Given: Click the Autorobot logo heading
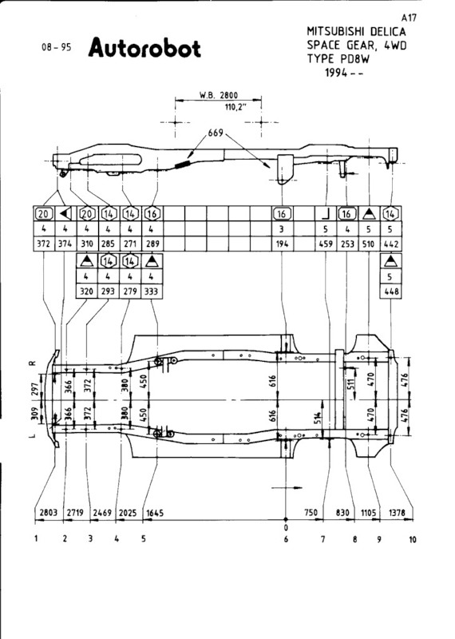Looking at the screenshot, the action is pyautogui.click(x=144, y=48).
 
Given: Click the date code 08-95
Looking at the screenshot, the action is pyautogui.click(x=56, y=47).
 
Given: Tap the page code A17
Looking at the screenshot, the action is pyautogui.click(x=409, y=18).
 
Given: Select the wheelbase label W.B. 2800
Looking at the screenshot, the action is pyautogui.click(x=219, y=95).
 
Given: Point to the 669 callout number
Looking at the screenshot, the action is pyautogui.click(x=216, y=133).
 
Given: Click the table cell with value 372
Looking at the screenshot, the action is pyautogui.click(x=43, y=244).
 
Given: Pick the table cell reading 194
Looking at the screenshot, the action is pyautogui.click(x=282, y=244).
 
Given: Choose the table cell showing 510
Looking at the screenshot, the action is pyautogui.click(x=369, y=244).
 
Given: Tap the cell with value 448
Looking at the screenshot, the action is pyautogui.click(x=390, y=292).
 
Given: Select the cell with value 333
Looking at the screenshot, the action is pyautogui.click(x=151, y=292).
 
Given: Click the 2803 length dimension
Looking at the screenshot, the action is pyautogui.click(x=48, y=512).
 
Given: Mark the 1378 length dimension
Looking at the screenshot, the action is pyautogui.click(x=397, y=512).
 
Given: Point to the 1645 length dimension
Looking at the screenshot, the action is pyautogui.click(x=155, y=512).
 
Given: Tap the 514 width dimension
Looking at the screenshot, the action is pyautogui.click(x=318, y=418).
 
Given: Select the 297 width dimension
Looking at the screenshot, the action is pyautogui.click(x=34, y=388).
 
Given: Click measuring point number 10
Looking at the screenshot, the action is pyautogui.click(x=413, y=540).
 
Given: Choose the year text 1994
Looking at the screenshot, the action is pyautogui.click(x=337, y=73).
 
